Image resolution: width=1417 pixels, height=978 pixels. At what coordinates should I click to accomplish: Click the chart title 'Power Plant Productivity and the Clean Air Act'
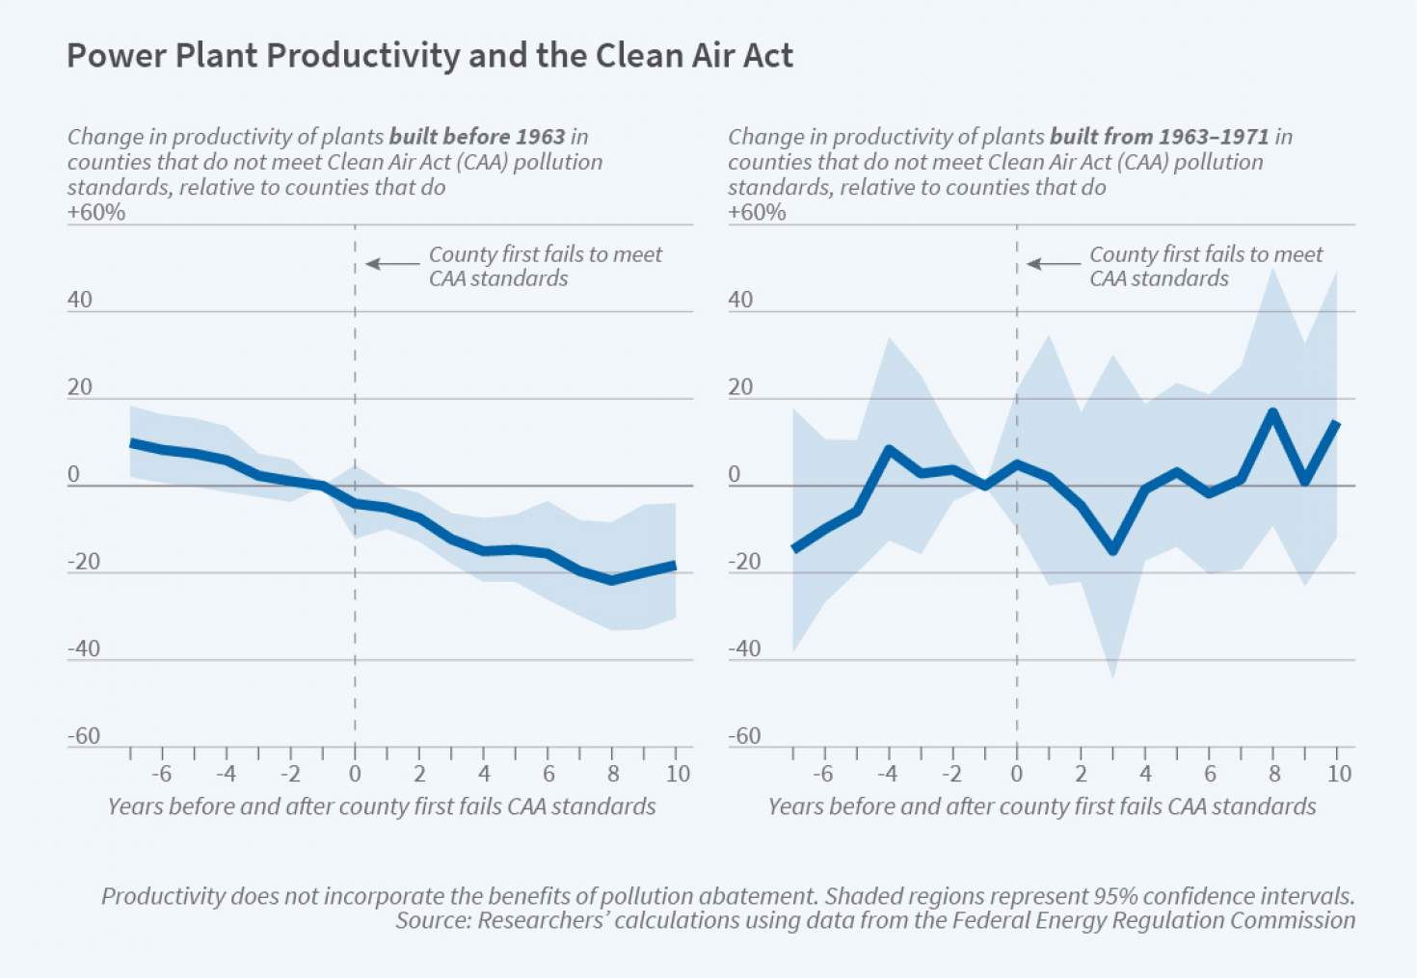[429, 56]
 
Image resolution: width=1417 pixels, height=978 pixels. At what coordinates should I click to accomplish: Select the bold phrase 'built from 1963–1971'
[1160, 137]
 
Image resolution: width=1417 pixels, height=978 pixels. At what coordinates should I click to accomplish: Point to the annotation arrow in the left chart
[392, 263]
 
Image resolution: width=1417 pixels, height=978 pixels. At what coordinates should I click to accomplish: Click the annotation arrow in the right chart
[1054, 263]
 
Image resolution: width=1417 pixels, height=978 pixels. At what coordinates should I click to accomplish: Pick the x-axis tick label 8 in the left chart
[613, 774]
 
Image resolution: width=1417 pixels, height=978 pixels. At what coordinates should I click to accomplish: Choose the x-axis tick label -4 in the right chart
[886, 774]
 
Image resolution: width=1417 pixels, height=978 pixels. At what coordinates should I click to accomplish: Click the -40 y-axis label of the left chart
[83, 648]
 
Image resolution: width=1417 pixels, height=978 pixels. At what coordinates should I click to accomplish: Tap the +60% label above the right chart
[757, 212]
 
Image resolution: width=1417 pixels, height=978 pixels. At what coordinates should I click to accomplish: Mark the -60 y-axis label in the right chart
[744, 736]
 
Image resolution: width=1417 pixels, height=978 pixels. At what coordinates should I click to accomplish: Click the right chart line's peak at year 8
[1273, 412]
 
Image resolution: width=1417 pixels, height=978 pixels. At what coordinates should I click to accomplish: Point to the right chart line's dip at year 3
[1113, 550]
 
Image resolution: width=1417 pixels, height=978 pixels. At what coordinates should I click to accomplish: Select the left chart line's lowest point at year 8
[612, 580]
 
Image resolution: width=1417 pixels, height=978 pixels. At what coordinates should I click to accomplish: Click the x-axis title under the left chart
[382, 806]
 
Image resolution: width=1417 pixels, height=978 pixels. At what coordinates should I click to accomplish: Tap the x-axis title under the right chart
[1042, 806]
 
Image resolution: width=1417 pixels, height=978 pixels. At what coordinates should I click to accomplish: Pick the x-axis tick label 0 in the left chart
[355, 774]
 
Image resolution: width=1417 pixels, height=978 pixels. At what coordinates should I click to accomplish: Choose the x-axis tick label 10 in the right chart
[1338, 774]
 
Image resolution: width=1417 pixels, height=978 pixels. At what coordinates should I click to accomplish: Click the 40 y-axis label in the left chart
[80, 300]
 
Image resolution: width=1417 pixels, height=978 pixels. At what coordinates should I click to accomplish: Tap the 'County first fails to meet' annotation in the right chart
[1206, 254]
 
